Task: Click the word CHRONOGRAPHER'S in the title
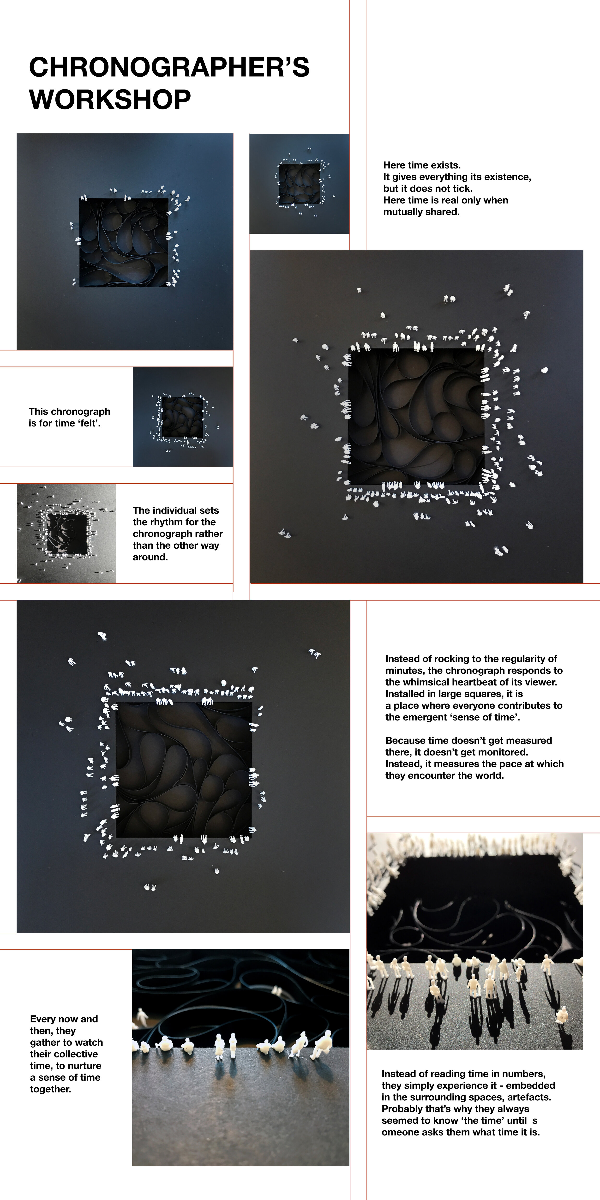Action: pos(169,67)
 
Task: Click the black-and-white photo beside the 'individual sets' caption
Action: pos(66,533)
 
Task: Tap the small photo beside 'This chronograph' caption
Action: pos(183,416)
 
